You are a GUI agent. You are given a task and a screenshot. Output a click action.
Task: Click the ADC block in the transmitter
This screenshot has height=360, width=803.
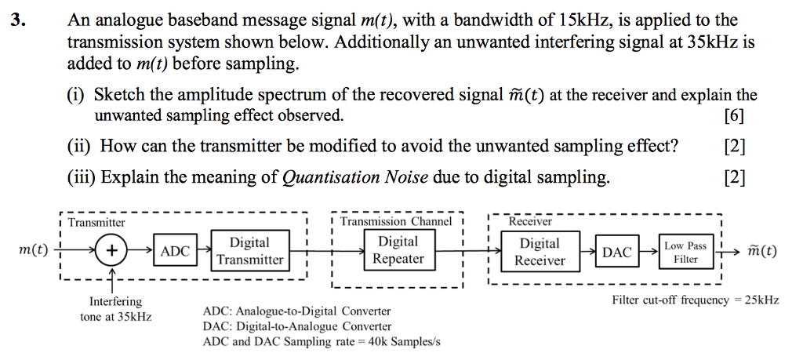[x=175, y=252]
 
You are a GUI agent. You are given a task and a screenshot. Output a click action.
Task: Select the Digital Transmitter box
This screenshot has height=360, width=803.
[x=250, y=251]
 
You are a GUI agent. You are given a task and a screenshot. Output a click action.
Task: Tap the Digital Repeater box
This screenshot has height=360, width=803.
[x=398, y=250]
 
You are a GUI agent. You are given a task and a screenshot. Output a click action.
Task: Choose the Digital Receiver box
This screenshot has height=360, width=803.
[x=540, y=252]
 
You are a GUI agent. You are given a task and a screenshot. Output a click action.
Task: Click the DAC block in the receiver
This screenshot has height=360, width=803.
[x=616, y=252]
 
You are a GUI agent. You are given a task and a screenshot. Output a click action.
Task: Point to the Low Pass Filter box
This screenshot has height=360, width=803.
[x=685, y=252]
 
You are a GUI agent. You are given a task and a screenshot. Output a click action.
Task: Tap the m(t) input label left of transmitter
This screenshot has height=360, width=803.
[x=32, y=252]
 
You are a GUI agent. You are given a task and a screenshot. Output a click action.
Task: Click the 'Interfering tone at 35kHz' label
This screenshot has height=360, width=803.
[x=115, y=309]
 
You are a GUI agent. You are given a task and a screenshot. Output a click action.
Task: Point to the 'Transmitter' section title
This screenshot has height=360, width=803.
[x=96, y=223]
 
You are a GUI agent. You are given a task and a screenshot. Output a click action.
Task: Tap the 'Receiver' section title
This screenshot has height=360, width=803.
[x=531, y=222]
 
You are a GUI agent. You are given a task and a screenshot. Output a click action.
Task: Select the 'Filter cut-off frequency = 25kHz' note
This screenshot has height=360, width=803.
[x=695, y=300]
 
